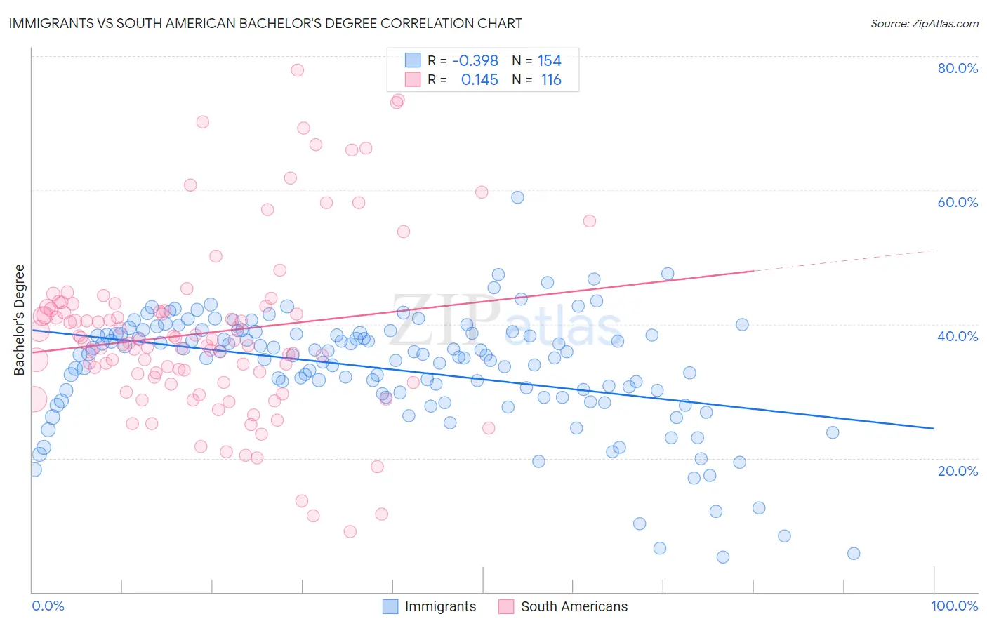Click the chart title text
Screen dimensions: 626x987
265,23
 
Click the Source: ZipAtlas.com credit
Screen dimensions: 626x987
924,23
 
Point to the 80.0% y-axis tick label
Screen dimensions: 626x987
958,68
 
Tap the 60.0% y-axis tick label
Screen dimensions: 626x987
958,202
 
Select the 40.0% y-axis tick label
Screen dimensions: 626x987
958,336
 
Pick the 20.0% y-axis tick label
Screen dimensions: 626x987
958,471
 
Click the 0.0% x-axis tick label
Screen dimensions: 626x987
48,606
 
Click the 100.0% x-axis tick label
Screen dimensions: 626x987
954,606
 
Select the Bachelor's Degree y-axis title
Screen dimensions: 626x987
20,319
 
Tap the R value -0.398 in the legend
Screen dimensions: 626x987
475,61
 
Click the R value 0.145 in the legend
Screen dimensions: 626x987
479,80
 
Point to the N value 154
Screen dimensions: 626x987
550,61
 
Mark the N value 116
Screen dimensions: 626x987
551,80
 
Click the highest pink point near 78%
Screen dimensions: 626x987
298,70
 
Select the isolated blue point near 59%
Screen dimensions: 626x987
517,197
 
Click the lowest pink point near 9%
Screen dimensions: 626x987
350,531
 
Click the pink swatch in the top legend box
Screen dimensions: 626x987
413,79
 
